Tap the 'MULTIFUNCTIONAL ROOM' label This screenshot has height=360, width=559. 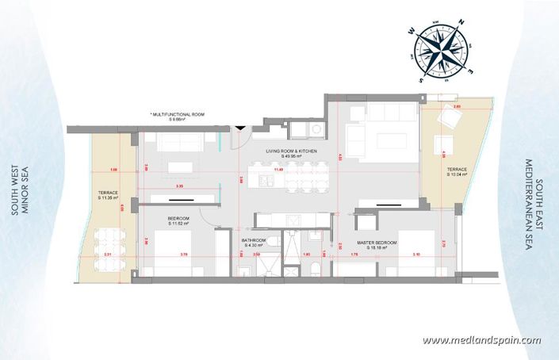[177, 115]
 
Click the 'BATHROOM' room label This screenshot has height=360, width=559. [254, 241]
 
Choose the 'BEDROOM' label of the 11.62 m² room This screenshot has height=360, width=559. [178, 219]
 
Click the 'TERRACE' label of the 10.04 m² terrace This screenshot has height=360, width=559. [456, 170]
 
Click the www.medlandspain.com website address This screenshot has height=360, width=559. [481, 340]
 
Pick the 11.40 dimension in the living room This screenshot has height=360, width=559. [278, 169]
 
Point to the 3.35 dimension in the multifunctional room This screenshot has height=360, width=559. [180, 186]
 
